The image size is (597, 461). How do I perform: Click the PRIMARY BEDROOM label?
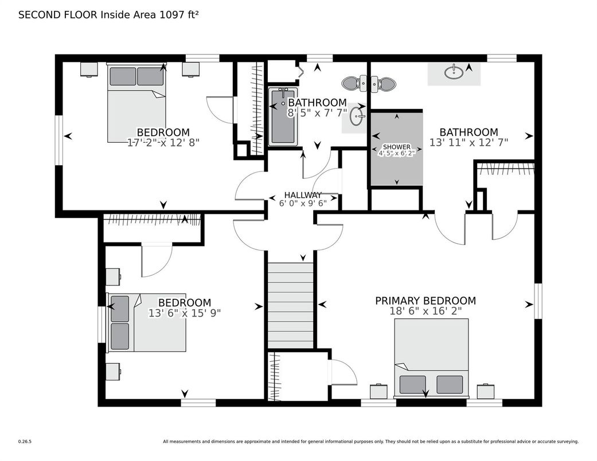pyautogui.click(x=426, y=300)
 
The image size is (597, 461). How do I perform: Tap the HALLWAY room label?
pyautogui.click(x=303, y=195)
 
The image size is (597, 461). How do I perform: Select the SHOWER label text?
pyautogui.click(x=397, y=147)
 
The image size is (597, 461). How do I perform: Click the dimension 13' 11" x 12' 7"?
pyautogui.click(x=469, y=142)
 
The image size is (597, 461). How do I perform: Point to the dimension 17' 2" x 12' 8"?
pyautogui.click(x=163, y=142)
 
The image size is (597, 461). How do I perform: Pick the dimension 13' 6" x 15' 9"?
pyautogui.click(x=185, y=313)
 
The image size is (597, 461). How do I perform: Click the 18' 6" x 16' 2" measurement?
pyautogui.click(x=426, y=311)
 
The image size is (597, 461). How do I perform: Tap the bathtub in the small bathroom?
pyautogui.click(x=283, y=116)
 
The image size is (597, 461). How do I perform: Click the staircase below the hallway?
pyautogui.click(x=291, y=305)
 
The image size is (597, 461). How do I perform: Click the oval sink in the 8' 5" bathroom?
pyautogui.click(x=356, y=116)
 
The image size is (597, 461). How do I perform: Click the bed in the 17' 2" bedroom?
pyautogui.click(x=136, y=103)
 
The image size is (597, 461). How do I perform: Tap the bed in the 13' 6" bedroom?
pyautogui.click(x=147, y=322)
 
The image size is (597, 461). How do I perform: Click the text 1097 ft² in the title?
pyautogui.click(x=180, y=15)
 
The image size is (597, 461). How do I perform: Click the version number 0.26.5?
pyautogui.click(x=25, y=442)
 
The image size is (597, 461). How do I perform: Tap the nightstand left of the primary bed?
pyautogui.click(x=379, y=391)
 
